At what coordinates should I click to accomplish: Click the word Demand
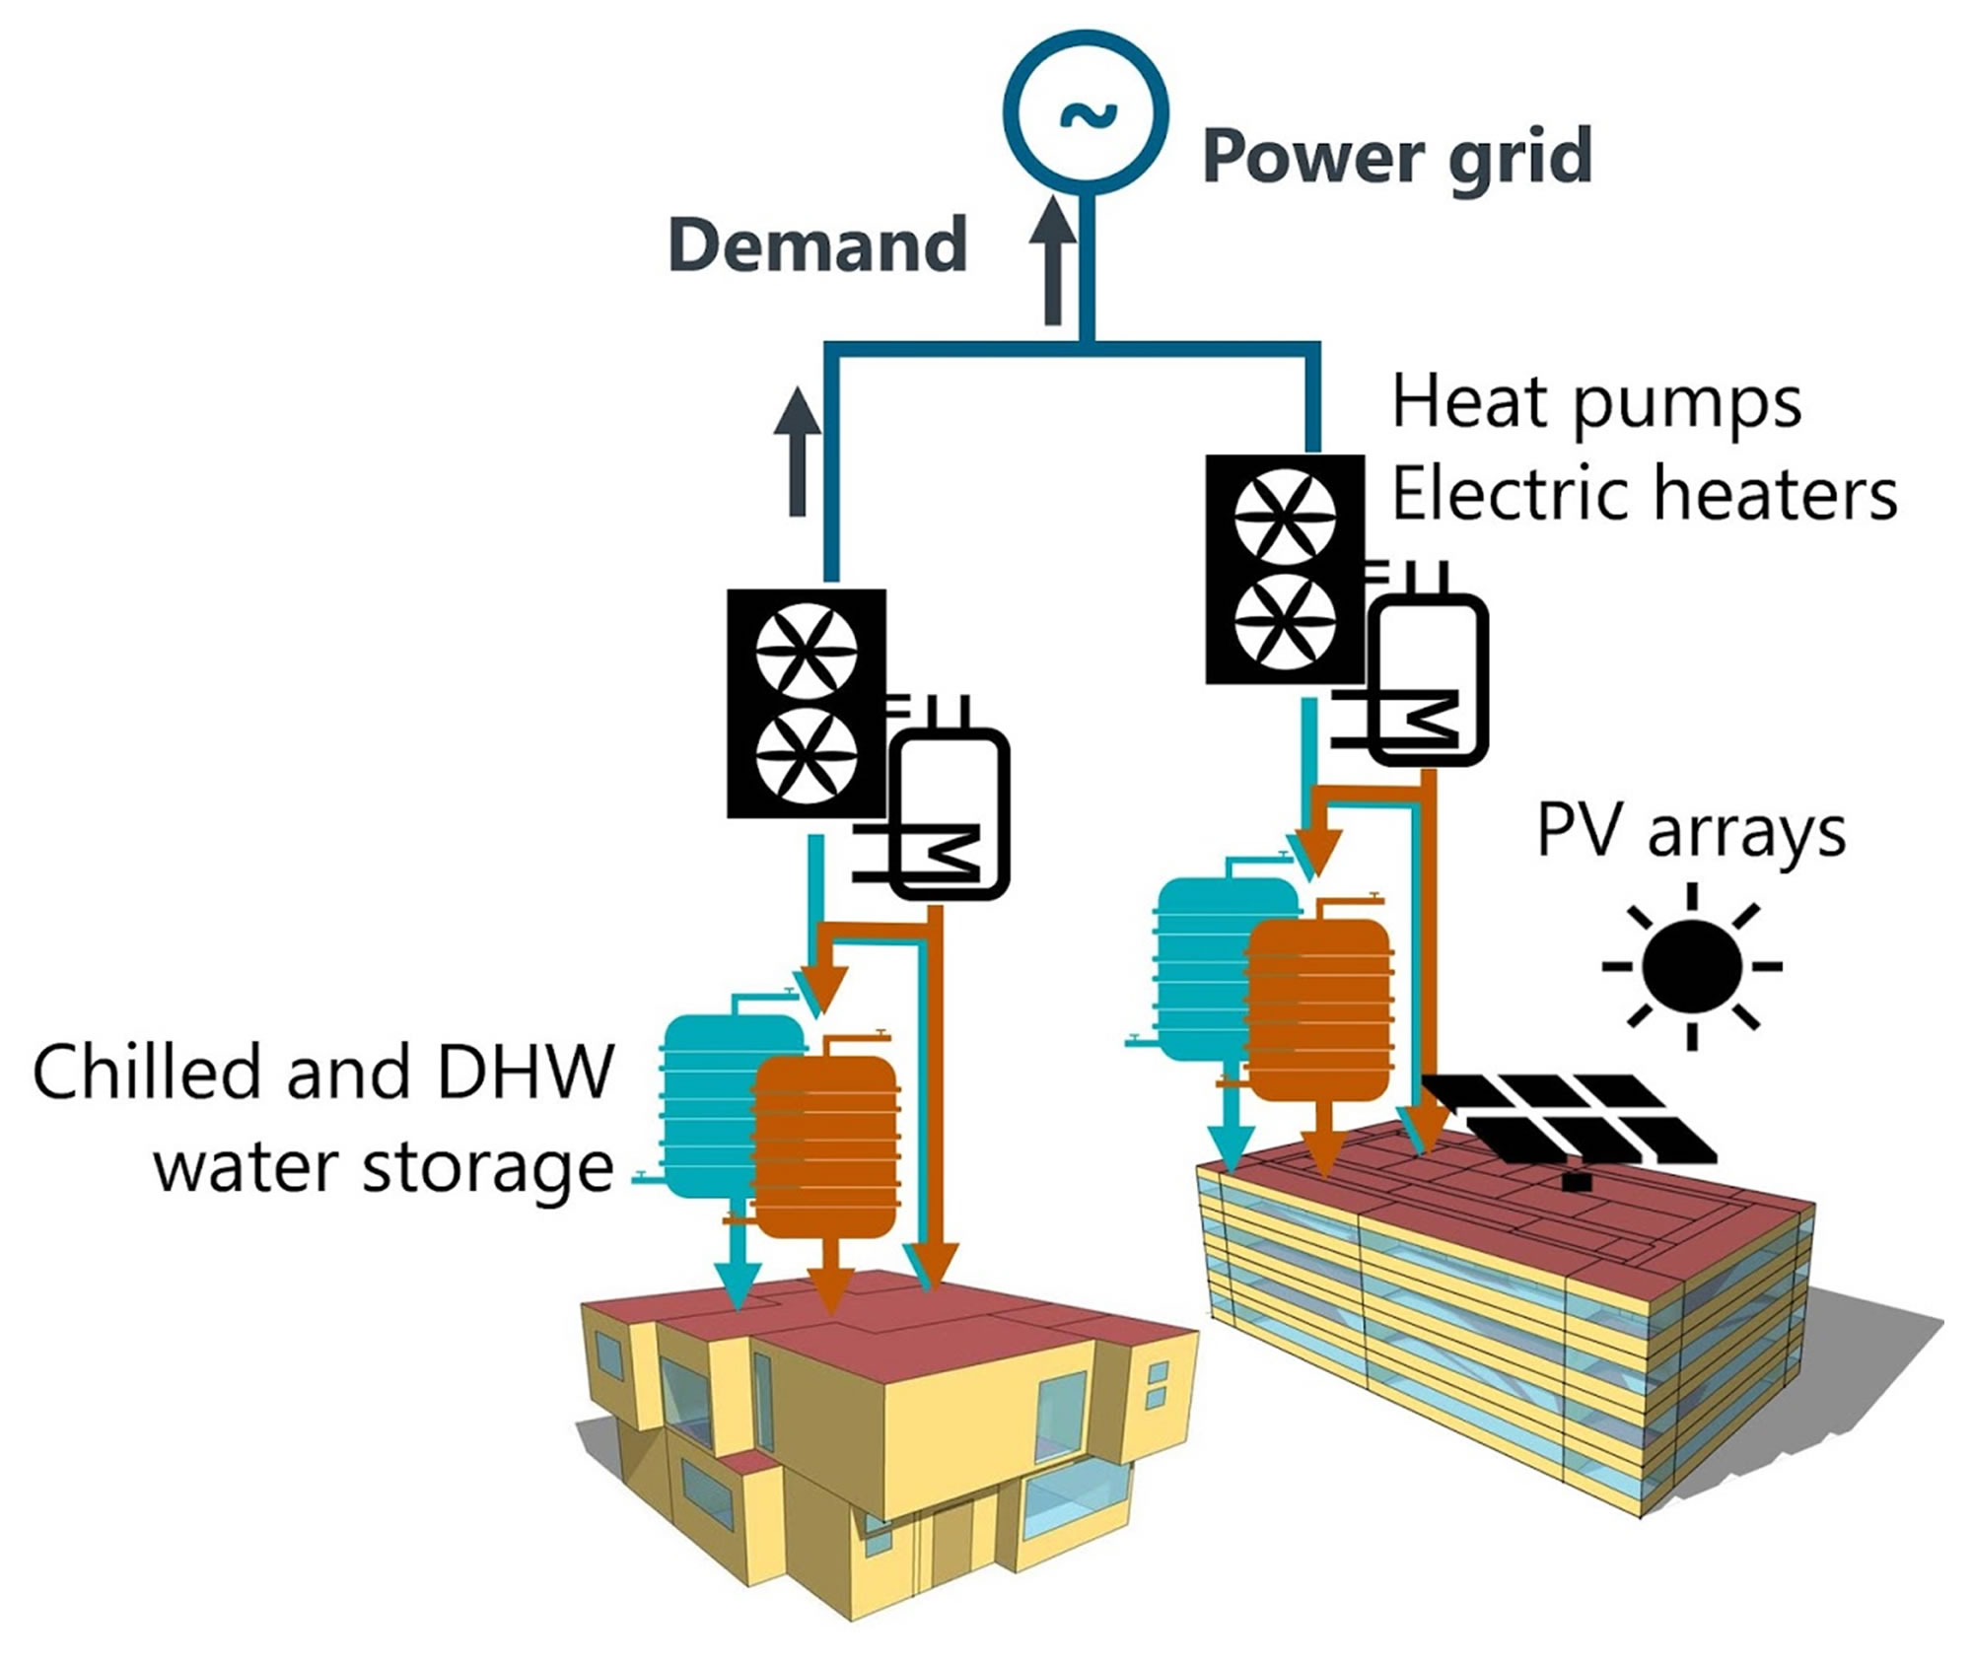point(817,244)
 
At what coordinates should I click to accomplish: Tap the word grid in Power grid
point(1519,158)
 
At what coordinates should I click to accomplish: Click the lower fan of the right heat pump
point(1285,622)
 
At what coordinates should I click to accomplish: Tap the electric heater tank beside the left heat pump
point(951,814)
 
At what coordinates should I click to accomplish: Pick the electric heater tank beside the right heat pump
point(1431,680)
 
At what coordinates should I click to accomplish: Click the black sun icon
point(1692,966)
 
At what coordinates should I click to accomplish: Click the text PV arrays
point(1690,833)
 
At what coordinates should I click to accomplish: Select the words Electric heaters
point(1644,493)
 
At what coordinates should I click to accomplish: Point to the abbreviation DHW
point(525,1072)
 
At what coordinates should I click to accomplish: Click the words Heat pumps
point(1596,402)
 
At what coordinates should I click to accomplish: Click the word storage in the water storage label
point(488,1169)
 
